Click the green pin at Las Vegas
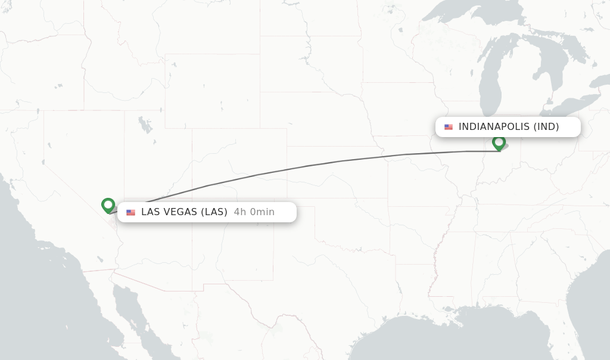tap(108, 205)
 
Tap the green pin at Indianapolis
tap(499, 142)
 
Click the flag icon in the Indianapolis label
tap(449, 127)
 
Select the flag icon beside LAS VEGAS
tap(130, 212)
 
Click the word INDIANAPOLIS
tap(493, 127)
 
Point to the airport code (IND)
tap(546, 127)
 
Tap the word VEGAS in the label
tap(180, 212)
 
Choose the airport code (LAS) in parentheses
tap(214, 212)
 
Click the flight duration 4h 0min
tap(254, 212)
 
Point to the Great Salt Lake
tap(145, 125)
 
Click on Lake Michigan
tap(491, 77)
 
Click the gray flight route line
tap(307, 166)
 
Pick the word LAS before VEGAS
tap(150, 212)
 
